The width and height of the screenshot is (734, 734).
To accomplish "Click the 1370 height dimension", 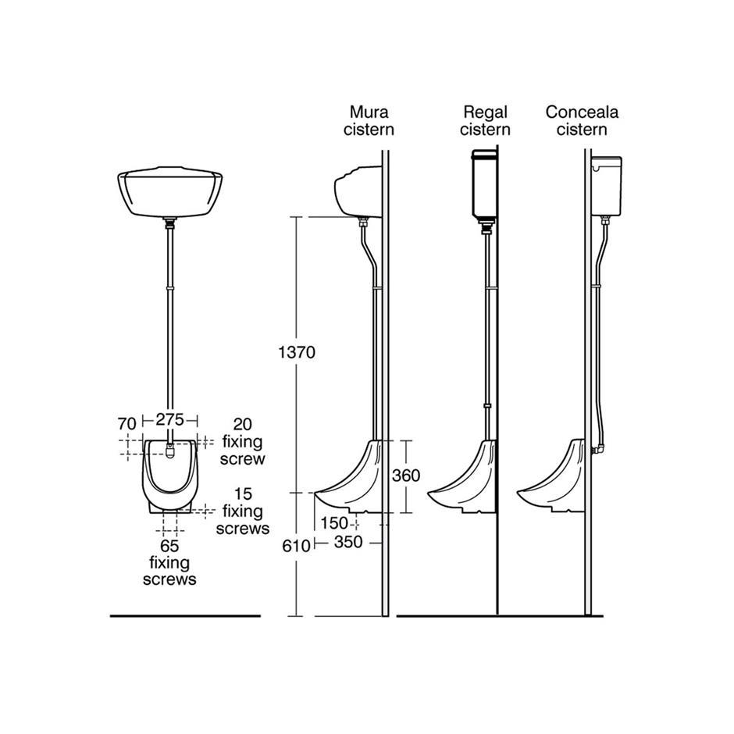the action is click(297, 352).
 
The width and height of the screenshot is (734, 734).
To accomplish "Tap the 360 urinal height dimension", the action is click(406, 476).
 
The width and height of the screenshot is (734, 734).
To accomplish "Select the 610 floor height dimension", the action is click(296, 546).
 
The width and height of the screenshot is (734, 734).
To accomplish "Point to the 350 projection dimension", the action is click(348, 542).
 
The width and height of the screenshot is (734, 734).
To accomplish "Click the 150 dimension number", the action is click(334, 523).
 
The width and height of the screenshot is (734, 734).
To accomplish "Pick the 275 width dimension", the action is click(170, 419).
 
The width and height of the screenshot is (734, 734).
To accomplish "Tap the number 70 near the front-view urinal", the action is click(126, 424).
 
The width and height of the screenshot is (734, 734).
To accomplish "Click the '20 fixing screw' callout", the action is click(243, 441).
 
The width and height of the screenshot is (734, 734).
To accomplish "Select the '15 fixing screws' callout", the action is click(243, 511).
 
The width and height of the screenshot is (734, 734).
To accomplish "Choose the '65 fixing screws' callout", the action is click(169, 562).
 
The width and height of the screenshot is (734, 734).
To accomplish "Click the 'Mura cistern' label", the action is click(369, 121).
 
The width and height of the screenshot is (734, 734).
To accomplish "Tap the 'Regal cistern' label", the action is click(485, 121).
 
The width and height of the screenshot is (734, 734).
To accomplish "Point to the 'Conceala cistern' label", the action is click(582, 121).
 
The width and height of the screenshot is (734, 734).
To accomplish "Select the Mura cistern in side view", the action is click(358, 191).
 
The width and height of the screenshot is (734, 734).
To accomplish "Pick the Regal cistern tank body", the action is click(484, 185).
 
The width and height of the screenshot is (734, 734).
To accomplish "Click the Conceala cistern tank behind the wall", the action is click(607, 186).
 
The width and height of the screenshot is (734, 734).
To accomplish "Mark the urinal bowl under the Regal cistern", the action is click(462, 476).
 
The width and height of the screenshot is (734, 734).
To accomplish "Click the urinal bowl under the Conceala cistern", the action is click(551, 476).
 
